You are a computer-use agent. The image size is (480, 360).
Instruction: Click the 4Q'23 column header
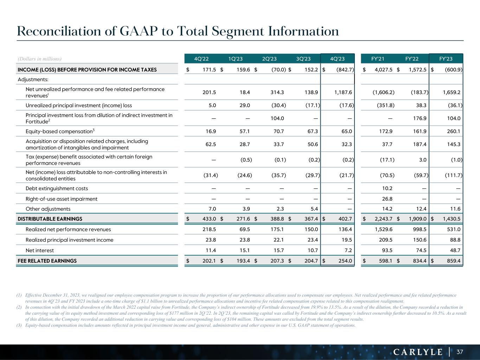click(337, 59)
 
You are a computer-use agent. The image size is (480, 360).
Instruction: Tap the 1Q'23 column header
click(235, 59)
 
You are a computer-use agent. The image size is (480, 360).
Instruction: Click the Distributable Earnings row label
click(50, 219)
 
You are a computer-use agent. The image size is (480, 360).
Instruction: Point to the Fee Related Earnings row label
click(47, 261)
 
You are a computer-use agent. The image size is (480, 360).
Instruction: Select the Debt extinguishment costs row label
click(57, 188)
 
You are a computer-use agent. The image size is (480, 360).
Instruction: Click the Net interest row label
click(40, 250)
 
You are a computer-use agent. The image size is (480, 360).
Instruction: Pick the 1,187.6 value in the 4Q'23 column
click(343, 92)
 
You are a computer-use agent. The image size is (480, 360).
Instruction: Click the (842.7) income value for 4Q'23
click(345, 70)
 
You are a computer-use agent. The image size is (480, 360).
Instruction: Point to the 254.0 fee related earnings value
click(345, 261)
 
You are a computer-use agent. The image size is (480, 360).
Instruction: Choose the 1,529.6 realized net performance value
click(383, 230)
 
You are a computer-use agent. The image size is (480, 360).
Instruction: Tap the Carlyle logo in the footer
click(418, 352)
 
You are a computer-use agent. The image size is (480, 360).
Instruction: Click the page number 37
click(460, 352)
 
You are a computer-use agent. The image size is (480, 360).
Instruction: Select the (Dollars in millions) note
click(39, 59)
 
